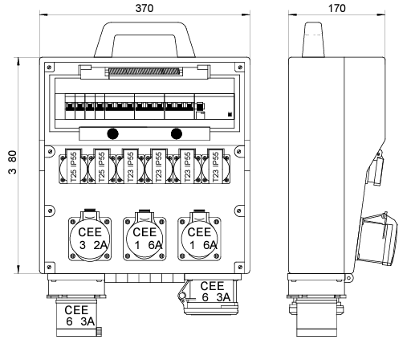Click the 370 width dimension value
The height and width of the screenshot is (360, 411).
point(144,8)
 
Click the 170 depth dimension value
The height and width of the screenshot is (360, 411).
point(336,8)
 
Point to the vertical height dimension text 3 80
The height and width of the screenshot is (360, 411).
point(12,162)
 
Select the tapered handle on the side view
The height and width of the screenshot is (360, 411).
point(313,39)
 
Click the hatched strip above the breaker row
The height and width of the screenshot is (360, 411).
point(144,72)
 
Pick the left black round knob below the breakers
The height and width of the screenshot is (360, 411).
point(112,133)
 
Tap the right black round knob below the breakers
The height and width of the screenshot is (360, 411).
point(177,133)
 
